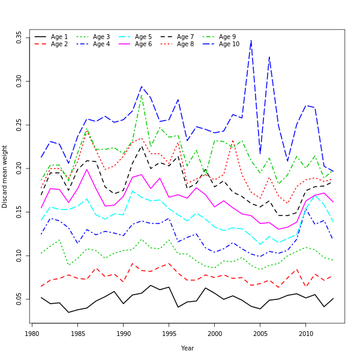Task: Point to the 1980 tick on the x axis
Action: coord(32,333)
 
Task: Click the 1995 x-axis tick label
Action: coord(169,333)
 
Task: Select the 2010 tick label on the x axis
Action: coord(306,333)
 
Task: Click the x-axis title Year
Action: coord(187,348)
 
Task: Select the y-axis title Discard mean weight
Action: coord(5,176)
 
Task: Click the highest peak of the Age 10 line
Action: coord(251,40)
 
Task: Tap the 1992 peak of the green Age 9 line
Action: coord(142,94)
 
